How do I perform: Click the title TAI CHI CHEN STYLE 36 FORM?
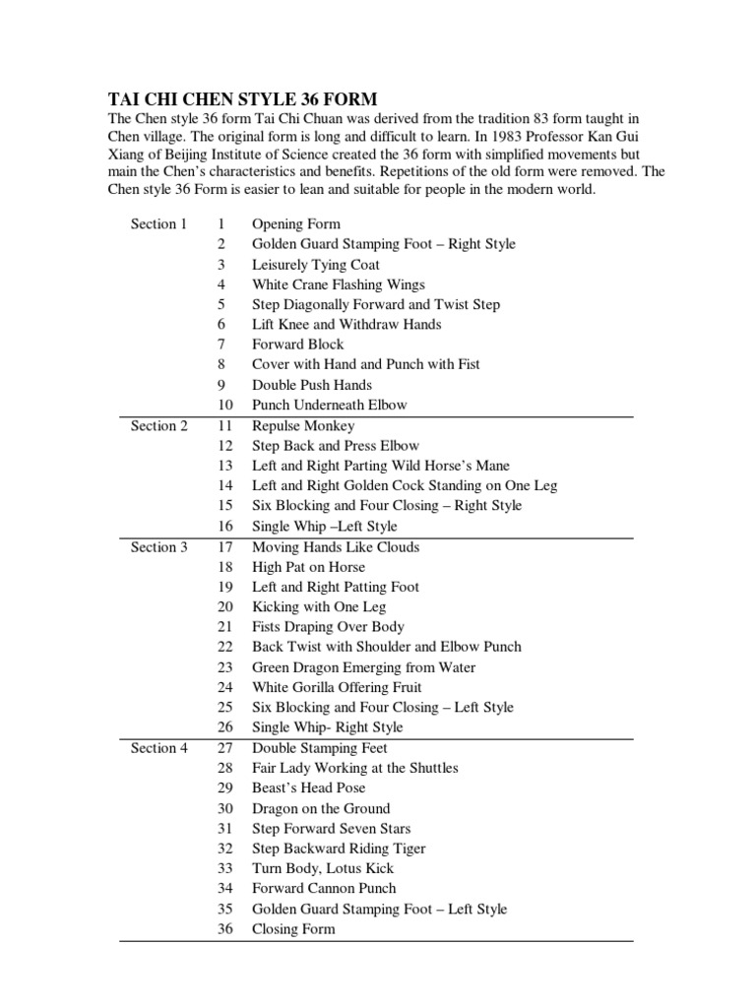click(241, 99)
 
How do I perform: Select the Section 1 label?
click(158, 223)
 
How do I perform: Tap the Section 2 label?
click(158, 426)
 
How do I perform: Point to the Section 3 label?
click(158, 547)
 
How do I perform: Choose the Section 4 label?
click(158, 748)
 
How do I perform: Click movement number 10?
click(225, 405)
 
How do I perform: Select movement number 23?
click(225, 667)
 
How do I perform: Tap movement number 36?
click(225, 929)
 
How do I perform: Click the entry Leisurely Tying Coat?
click(316, 265)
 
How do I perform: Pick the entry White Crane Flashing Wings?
click(325, 284)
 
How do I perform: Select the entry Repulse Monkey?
click(303, 426)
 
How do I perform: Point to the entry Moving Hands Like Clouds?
click(336, 547)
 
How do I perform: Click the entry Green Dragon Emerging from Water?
click(363, 667)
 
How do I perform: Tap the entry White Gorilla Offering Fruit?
click(337, 687)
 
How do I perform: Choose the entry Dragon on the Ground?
click(321, 808)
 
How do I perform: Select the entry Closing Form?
click(293, 929)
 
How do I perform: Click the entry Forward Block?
click(298, 345)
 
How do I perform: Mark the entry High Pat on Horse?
click(308, 567)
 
